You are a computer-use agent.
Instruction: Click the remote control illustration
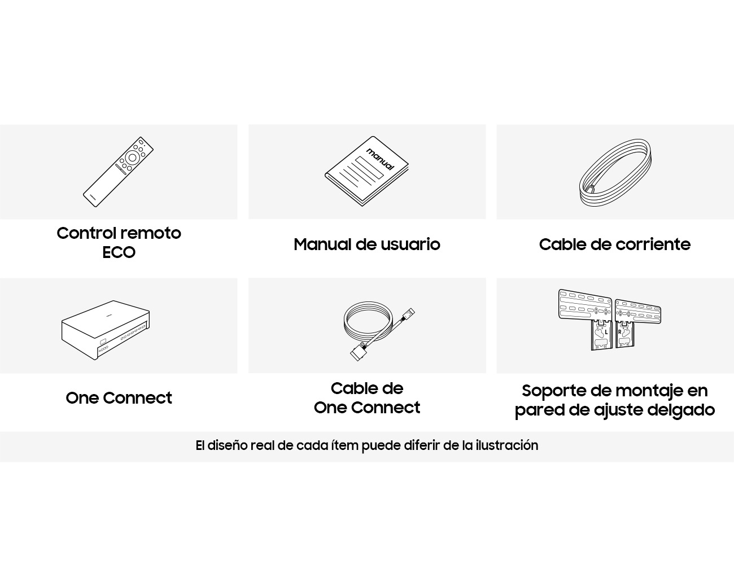point(119,172)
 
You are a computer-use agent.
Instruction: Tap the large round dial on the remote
point(132,158)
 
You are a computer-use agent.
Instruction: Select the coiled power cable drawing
point(615,173)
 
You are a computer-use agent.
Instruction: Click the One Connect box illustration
point(106,330)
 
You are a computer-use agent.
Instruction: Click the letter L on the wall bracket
point(606,331)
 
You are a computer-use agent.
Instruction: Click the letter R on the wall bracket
point(619,331)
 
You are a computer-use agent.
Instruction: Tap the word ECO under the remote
point(119,253)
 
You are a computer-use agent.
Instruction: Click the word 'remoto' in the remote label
point(149,233)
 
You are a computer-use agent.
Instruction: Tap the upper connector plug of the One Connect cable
point(408,314)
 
